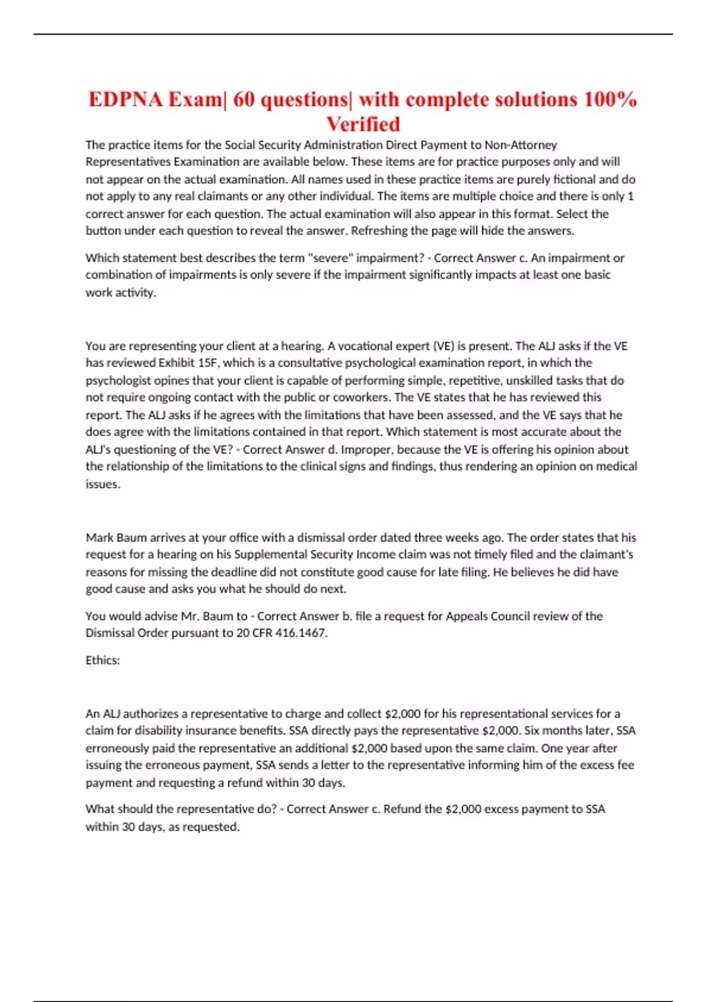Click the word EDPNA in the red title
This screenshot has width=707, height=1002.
[126, 99]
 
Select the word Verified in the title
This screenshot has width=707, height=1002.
[363, 124]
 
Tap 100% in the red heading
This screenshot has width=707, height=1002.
[610, 99]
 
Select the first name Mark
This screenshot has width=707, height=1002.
[99, 538]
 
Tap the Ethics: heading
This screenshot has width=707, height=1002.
[103, 660]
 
